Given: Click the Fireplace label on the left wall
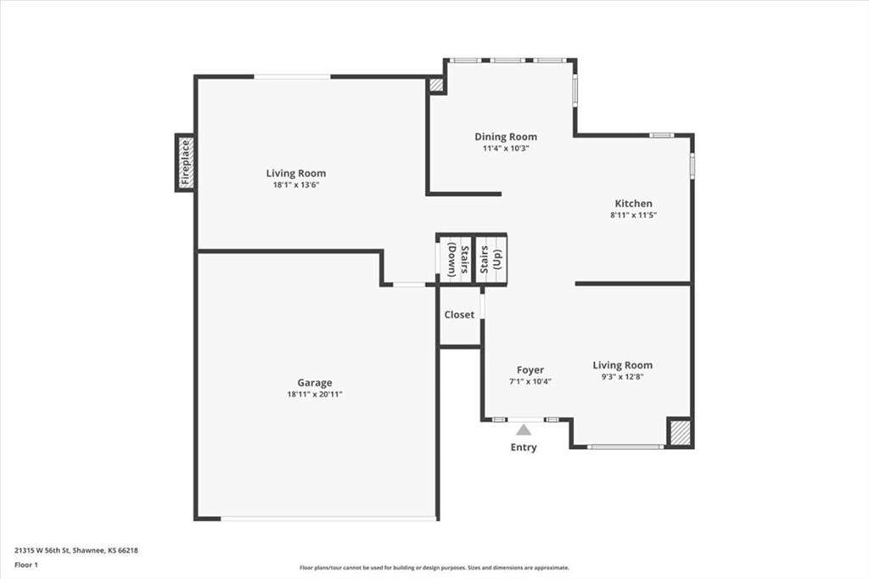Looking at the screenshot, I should (x=185, y=163).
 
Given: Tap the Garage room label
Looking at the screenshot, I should (x=314, y=383).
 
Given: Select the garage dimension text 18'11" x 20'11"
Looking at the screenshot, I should (x=314, y=395).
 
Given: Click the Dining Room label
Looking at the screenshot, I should (x=506, y=137).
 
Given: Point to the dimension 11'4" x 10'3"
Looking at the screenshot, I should (x=506, y=149).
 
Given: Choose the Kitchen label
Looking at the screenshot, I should (x=634, y=204).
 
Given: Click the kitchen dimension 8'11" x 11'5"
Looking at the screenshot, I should (x=634, y=216).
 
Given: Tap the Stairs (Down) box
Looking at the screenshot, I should (x=454, y=258).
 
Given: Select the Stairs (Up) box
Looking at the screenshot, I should (x=491, y=258).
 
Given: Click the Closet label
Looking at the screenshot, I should (x=459, y=315).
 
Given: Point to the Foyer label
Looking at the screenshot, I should (x=530, y=370).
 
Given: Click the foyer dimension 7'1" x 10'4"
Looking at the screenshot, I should (x=530, y=382).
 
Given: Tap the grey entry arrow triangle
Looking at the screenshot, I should (x=524, y=430).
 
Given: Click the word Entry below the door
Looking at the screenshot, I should (x=524, y=447).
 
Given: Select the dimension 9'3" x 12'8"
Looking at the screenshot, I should (x=622, y=377).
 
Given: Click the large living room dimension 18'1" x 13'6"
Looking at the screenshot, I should (x=296, y=185).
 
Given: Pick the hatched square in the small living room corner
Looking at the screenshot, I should (x=679, y=432).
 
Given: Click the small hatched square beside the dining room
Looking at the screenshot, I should (x=436, y=85).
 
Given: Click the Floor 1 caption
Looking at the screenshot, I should (x=26, y=565).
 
